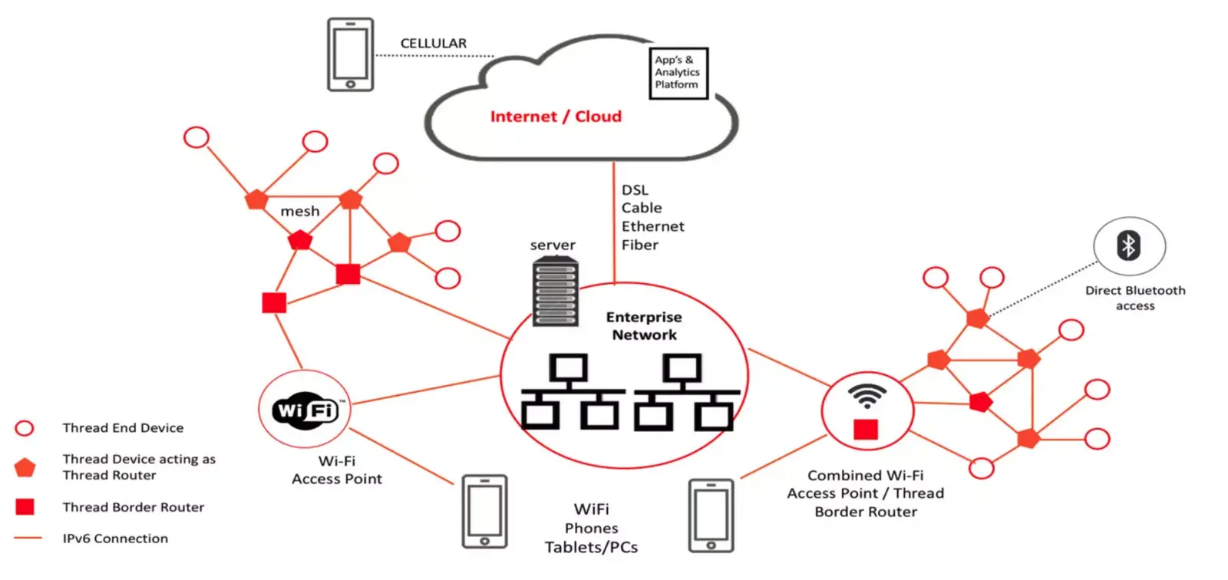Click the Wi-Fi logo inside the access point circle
[305, 410]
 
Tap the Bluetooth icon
[1129, 246]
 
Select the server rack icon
[556, 291]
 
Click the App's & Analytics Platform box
[678, 74]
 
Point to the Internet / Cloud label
[556, 116]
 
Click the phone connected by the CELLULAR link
[350, 54]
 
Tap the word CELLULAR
[433, 43]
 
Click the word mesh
[300, 211]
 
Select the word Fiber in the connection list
[640, 245]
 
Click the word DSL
[635, 189]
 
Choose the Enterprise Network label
[644, 325]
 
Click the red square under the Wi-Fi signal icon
[866, 429]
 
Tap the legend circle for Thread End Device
[24, 428]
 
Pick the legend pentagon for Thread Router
[25, 468]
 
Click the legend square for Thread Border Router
[25, 506]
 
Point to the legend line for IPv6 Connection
[28, 539]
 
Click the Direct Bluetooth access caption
[1135, 298]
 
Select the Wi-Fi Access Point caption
[337, 470]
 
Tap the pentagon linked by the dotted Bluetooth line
[978, 318]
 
